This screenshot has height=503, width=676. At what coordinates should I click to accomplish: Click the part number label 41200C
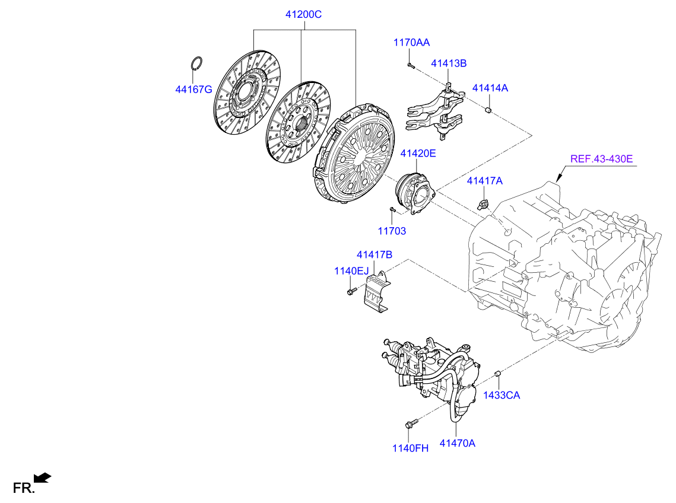[304, 14]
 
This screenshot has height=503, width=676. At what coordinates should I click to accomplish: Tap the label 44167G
[193, 90]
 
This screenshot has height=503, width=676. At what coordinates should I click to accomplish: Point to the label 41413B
[448, 63]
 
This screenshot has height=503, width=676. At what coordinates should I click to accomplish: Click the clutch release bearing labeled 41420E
[415, 190]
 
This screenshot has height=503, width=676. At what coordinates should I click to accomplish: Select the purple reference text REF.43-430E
[602, 159]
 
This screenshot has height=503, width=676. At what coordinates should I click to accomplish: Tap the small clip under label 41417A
[484, 205]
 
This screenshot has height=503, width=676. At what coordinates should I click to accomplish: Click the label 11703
[392, 231]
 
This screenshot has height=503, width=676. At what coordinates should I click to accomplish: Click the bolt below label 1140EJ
[351, 291]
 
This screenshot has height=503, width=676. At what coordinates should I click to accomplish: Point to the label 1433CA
[501, 395]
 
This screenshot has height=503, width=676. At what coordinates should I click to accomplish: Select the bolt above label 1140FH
[411, 423]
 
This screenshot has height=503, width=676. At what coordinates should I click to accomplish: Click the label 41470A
[457, 442]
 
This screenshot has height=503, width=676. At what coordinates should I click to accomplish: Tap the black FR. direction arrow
[43, 477]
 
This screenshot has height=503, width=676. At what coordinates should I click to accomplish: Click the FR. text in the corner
[24, 488]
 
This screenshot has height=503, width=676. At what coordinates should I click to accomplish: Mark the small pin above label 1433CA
[499, 373]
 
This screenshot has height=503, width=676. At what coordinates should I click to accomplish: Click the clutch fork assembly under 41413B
[434, 111]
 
